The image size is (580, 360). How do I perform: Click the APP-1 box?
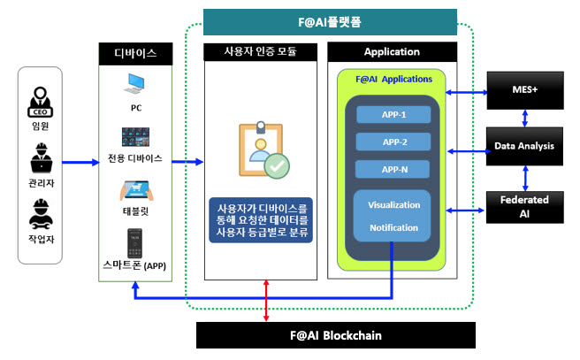pyautogui.click(x=393, y=114)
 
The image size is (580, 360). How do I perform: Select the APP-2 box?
pyautogui.click(x=393, y=142)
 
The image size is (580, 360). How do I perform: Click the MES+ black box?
pyautogui.click(x=525, y=90)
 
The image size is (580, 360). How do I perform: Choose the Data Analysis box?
pyautogui.click(x=524, y=146)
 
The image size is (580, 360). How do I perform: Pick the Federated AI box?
pyautogui.click(x=525, y=207)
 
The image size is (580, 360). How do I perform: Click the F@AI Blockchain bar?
pyautogui.click(x=336, y=335)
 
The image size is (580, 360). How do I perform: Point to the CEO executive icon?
pyautogui.click(x=41, y=102)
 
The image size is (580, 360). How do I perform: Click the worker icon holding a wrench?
pyautogui.click(x=41, y=215)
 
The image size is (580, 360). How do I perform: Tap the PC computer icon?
pyautogui.click(x=134, y=84)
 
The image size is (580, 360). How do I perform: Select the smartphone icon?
pyautogui.click(x=134, y=243)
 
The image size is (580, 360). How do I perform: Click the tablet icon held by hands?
pyautogui.click(x=136, y=190)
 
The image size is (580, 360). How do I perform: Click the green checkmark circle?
pyautogui.click(x=277, y=166)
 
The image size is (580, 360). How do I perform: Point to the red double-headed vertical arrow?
pyautogui.click(x=266, y=301)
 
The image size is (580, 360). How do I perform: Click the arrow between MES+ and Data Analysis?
pyautogui.click(x=525, y=119)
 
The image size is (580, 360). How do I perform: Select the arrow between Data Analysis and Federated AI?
pyautogui.click(x=525, y=179)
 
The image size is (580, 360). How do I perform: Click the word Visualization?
pyautogui.click(x=394, y=205)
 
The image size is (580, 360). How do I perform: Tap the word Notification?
pyautogui.click(x=394, y=228)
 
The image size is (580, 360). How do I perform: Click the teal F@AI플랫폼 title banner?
pyautogui.click(x=330, y=22)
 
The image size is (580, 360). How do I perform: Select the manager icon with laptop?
pyautogui.click(x=41, y=158)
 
